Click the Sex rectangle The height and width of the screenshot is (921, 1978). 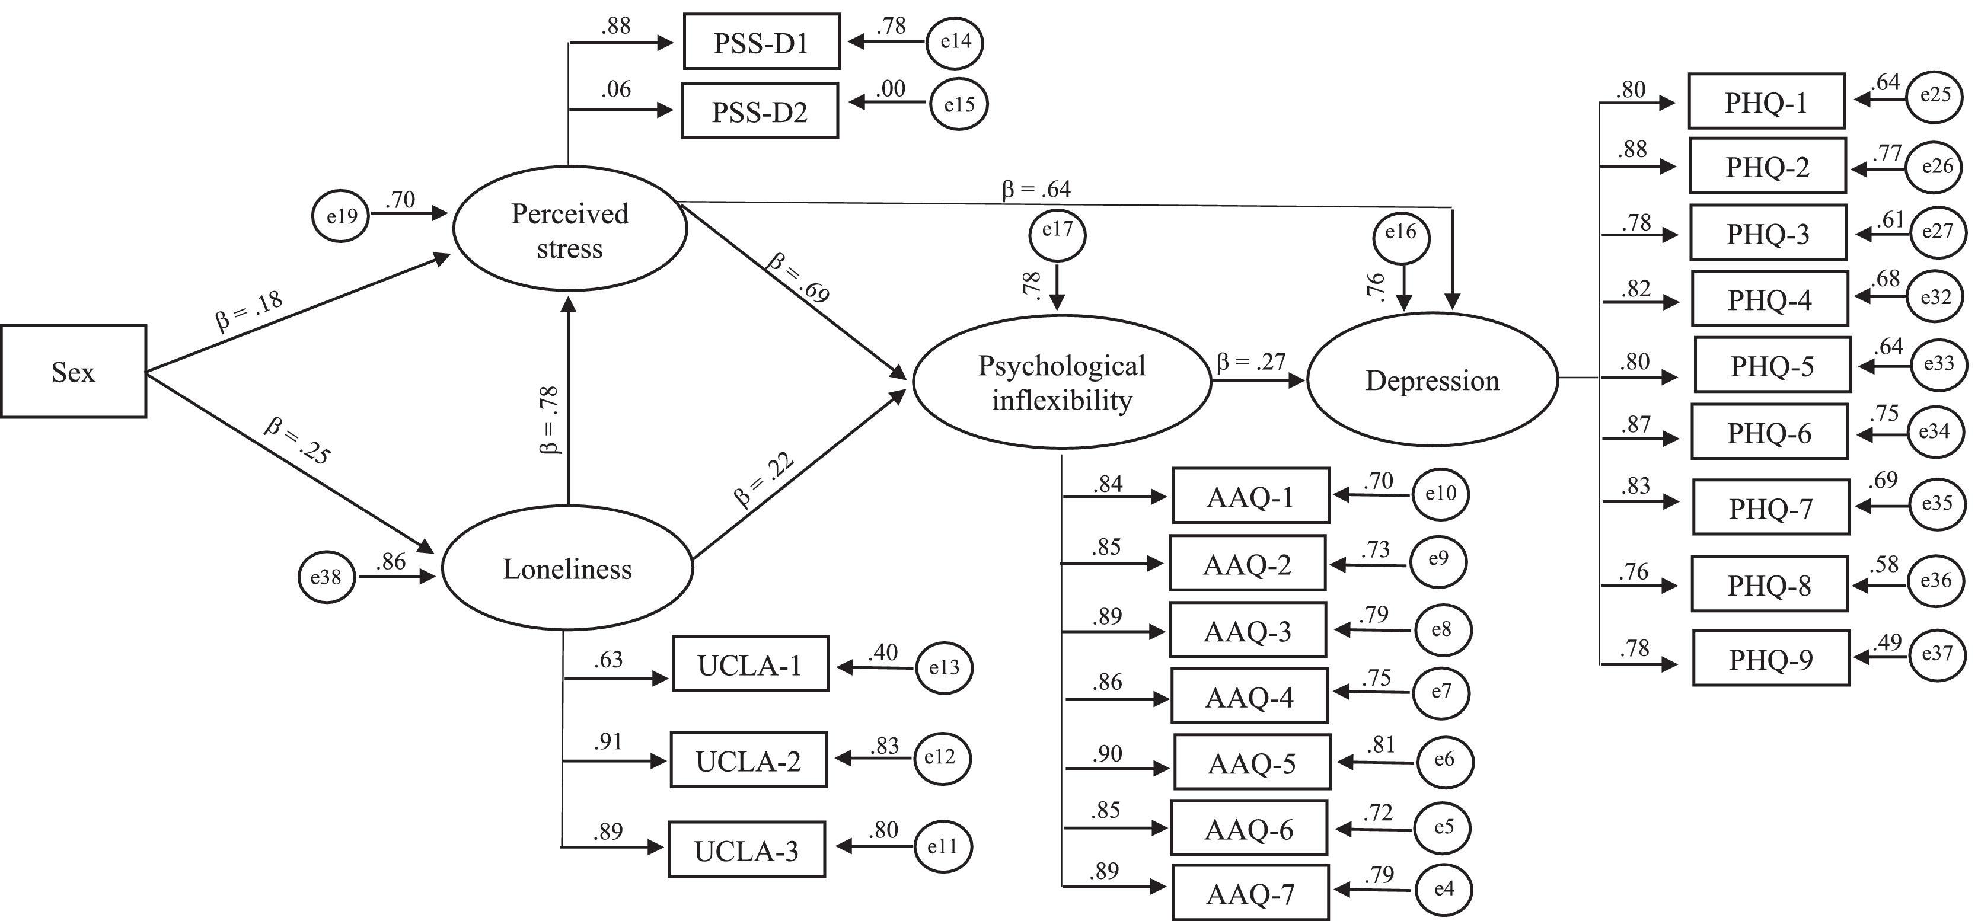click(x=73, y=372)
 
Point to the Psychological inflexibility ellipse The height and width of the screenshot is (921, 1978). click(x=1062, y=382)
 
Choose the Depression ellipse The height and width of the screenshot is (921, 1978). click(x=1432, y=380)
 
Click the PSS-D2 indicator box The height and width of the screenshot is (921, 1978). click(x=760, y=111)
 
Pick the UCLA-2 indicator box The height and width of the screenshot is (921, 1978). click(x=749, y=760)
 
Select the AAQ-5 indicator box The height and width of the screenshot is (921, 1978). click(x=1252, y=762)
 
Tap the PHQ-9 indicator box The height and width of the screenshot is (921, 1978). click(x=1770, y=658)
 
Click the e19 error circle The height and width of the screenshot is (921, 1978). click(x=341, y=216)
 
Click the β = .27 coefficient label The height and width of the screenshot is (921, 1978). click(x=1251, y=362)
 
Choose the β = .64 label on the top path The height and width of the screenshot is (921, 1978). click(x=1036, y=189)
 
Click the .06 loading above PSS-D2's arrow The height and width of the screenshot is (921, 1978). click(x=617, y=90)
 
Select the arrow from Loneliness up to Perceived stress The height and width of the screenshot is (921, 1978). click(x=568, y=399)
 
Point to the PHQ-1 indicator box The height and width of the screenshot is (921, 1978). click(x=1766, y=101)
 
